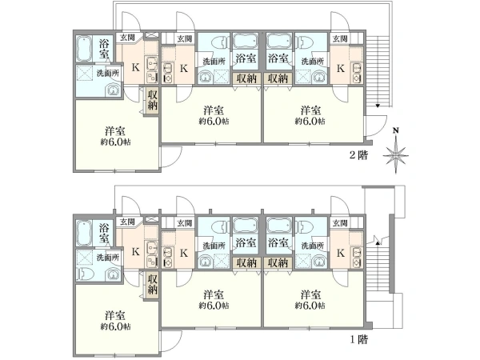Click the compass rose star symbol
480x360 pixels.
tap(396, 155)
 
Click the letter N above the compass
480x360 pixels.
tap(396, 130)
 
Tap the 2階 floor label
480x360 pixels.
tap(358, 155)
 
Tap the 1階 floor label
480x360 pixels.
tap(358, 339)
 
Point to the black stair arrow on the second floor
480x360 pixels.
tap(378, 106)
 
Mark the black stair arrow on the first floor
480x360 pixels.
tap(378, 243)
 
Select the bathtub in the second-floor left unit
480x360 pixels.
tap(84, 49)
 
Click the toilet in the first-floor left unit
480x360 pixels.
tap(84, 274)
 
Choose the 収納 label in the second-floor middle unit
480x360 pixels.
tap(246, 78)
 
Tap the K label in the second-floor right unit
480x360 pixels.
tap(341, 68)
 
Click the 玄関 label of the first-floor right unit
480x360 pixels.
tap(340, 223)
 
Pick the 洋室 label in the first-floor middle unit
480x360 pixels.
tap(214, 294)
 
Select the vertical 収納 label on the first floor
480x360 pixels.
tap(152, 284)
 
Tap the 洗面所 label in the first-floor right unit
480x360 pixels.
tap(312, 246)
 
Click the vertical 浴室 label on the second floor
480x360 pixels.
tap(104, 49)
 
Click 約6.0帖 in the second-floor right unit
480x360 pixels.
tap(310, 122)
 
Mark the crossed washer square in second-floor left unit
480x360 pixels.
tap(85, 73)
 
